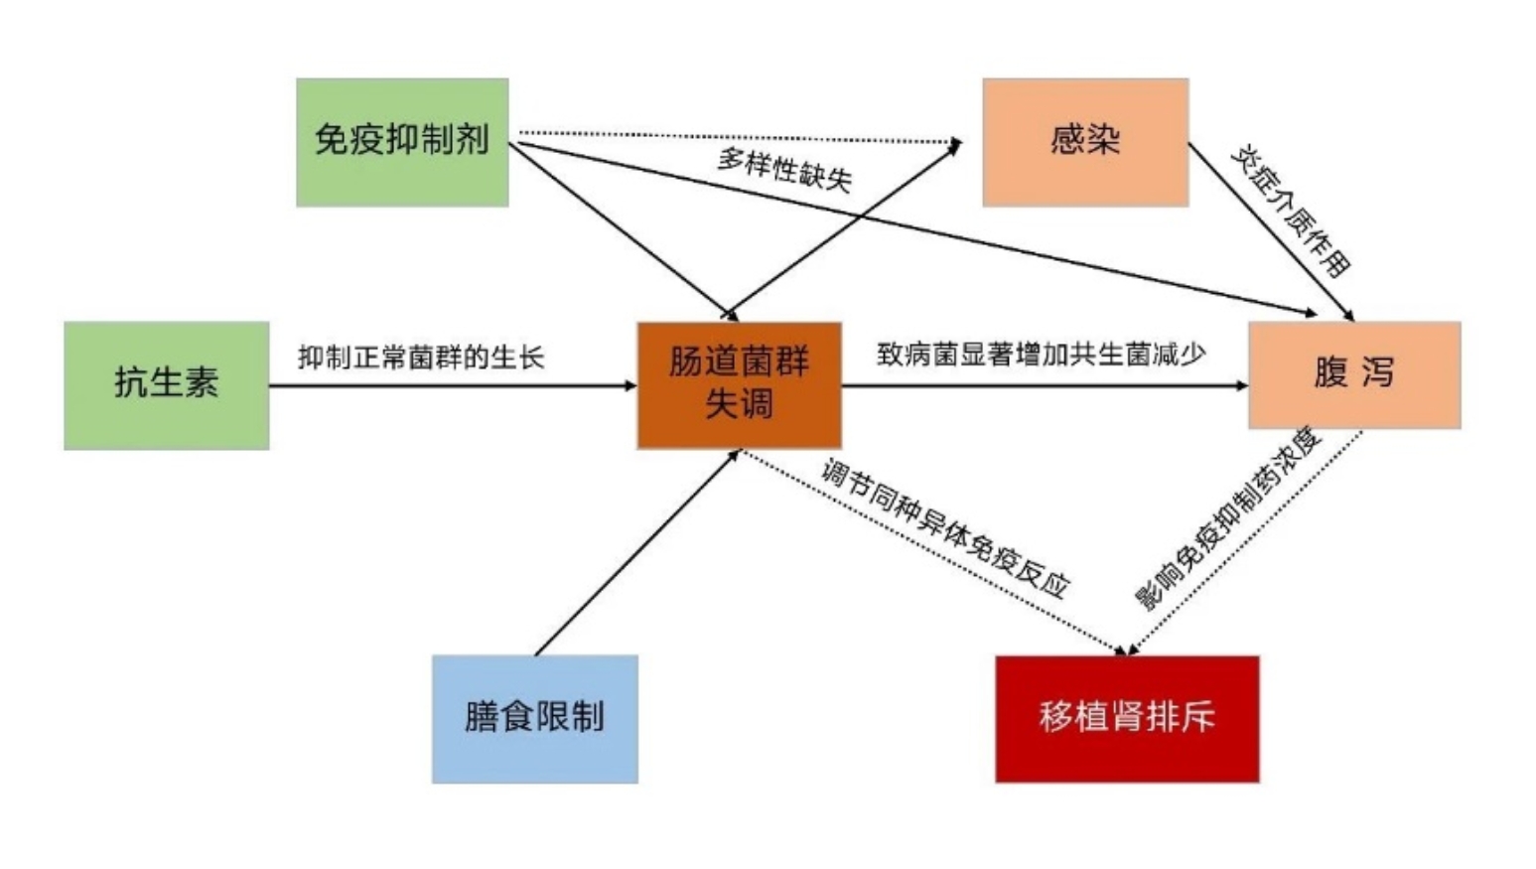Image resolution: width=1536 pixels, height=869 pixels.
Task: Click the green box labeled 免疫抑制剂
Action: (402, 142)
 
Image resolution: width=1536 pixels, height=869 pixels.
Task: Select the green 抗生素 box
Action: (167, 385)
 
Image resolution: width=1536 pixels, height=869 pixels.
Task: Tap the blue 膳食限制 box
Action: (535, 719)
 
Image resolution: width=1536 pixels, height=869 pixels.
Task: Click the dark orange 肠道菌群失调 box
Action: (739, 385)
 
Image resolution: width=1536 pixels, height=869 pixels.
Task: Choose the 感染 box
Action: (1085, 142)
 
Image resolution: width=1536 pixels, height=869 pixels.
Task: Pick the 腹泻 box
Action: (1354, 375)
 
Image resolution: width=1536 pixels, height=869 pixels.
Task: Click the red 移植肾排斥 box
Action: (1127, 719)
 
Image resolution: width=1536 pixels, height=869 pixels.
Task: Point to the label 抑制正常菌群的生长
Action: (421, 358)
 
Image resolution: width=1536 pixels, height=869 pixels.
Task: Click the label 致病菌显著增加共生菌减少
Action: (1041, 355)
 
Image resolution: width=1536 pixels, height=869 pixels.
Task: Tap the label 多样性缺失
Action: (785, 170)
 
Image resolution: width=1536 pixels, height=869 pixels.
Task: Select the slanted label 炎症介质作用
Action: (1291, 211)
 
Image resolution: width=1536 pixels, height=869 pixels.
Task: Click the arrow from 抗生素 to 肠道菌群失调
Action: (454, 385)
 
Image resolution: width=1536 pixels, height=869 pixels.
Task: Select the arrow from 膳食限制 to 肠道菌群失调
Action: (637, 553)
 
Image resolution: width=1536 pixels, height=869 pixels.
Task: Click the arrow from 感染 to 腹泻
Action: (1271, 231)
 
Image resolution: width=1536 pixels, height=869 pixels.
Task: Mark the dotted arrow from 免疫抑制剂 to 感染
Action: (741, 138)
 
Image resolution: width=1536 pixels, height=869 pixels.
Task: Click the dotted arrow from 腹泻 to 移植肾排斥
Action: (1244, 543)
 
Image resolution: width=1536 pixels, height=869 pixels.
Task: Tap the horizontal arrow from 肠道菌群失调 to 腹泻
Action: (1046, 385)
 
